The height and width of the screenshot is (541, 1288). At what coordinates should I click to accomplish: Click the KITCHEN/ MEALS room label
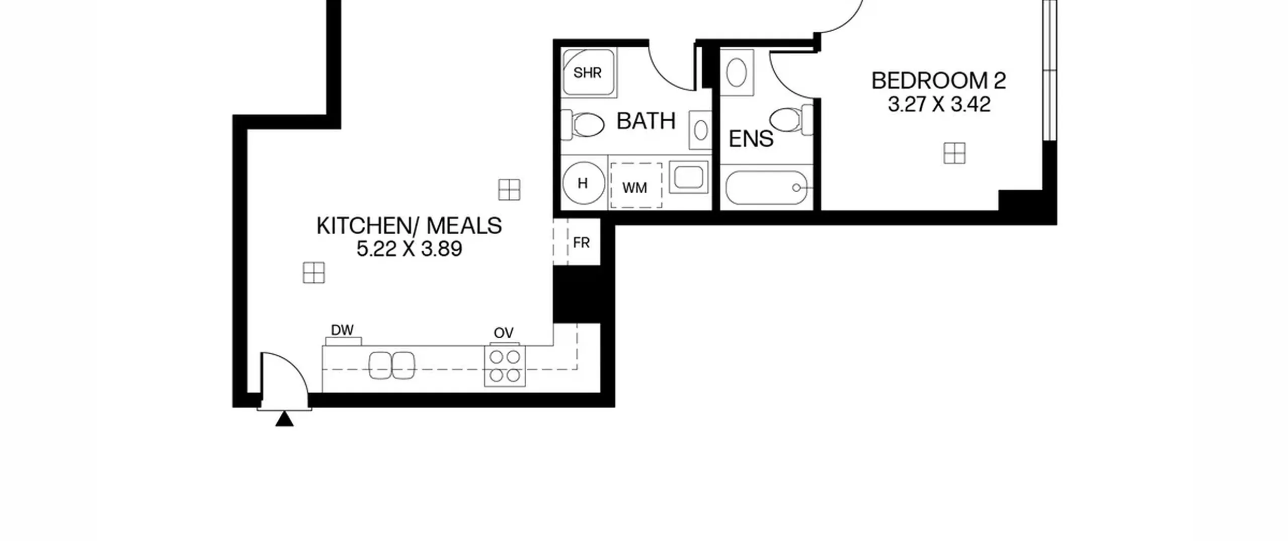[409, 226]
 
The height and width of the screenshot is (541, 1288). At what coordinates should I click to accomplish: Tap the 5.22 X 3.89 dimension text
[409, 249]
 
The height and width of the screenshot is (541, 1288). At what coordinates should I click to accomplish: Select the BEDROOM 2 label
[939, 81]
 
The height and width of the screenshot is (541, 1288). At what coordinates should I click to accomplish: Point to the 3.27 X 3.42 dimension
[939, 105]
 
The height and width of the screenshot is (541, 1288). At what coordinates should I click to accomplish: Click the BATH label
[646, 121]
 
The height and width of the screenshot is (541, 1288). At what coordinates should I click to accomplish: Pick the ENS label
[751, 139]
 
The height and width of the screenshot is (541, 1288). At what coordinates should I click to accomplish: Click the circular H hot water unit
[583, 183]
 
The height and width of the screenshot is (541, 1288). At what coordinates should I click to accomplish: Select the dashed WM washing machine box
[636, 185]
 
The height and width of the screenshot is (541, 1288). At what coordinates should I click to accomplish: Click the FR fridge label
[581, 243]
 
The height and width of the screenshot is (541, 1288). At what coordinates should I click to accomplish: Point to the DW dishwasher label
[342, 330]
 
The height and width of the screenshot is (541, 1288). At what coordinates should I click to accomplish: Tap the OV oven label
[504, 333]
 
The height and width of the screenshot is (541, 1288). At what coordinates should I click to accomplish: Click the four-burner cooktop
[505, 366]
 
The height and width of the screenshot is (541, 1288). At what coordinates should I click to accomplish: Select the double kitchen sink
[392, 365]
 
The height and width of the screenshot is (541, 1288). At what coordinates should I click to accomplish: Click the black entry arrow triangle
[284, 419]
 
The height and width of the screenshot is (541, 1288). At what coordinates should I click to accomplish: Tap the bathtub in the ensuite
[766, 188]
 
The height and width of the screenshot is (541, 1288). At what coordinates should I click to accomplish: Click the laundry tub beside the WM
[688, 177]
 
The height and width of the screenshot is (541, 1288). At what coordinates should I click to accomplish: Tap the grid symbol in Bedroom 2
[954, 153]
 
